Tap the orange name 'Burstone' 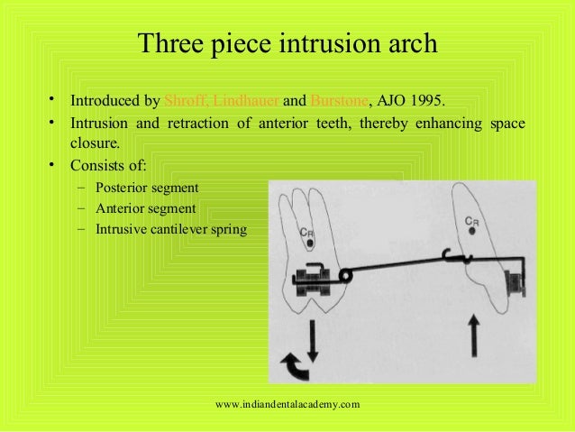tap(339, 99)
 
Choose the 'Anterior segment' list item tap(142, 208)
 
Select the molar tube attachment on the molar tap(315, 276)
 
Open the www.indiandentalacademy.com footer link tap(288, 404)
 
